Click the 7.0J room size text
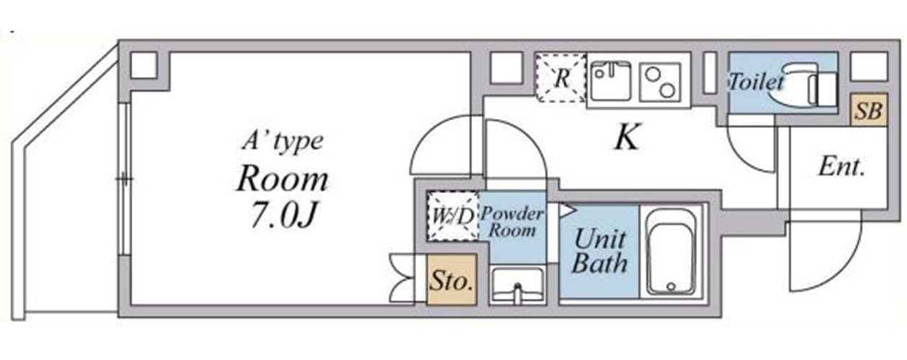[x=283, y=215]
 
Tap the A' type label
[x=283, y=142]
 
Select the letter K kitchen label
[x=627, y=138]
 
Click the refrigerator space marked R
[x=561, y=78]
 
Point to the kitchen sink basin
[x=610, y=81]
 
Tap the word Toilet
[x=756, y=82]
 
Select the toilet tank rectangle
[x=827, y=89]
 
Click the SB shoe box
[x=869, y=109]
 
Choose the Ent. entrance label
[x=841, y=166]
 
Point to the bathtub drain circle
[x=671, y=287]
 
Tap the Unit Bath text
[x=600, y=251]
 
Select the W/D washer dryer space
[x=453, y=217]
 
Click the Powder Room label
[x=512, y=222]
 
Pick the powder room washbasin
[x=518, y=286]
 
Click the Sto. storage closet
[x=452, y=279]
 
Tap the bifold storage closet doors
[x=402, y=279]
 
